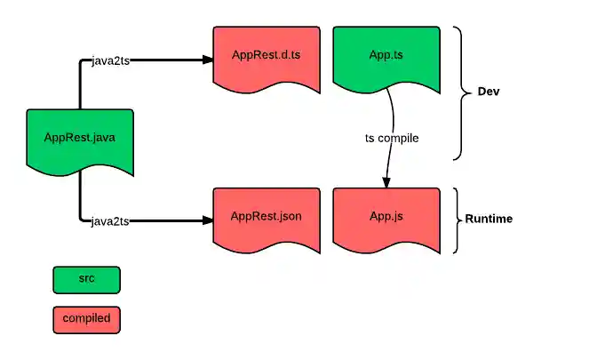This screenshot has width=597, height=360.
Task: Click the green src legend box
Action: tap(86, 279)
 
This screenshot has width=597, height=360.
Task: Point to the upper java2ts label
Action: tap(111, 60)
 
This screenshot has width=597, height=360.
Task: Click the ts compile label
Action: tap(392, 139)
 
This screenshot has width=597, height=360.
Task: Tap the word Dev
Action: tap(489, 92)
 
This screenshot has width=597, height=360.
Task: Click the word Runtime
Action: tap(489, 219)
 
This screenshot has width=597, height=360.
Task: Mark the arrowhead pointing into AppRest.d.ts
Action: tap(207, 60)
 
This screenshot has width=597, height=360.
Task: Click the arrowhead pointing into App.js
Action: tap(386, 181)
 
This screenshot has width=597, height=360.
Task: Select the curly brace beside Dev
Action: tap(459, 92)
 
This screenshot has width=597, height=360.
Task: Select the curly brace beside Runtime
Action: tap(457, 220)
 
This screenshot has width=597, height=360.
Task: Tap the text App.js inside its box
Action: tap(386, 216)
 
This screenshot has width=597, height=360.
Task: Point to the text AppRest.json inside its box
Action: tap(267, 216)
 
